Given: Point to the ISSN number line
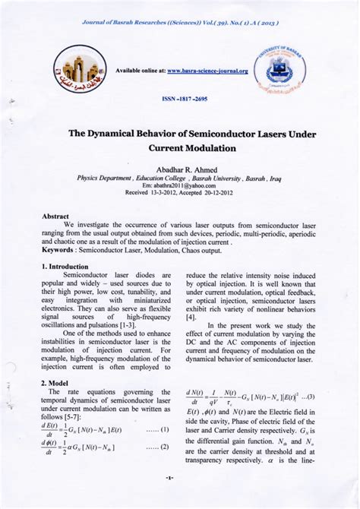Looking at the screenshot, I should click(x=180, y=100).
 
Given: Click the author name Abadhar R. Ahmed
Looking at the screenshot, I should click(x=181, y=169).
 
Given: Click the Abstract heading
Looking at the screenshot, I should click(x=55, y=217).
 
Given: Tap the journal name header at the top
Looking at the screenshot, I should click(x=180, y=22).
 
